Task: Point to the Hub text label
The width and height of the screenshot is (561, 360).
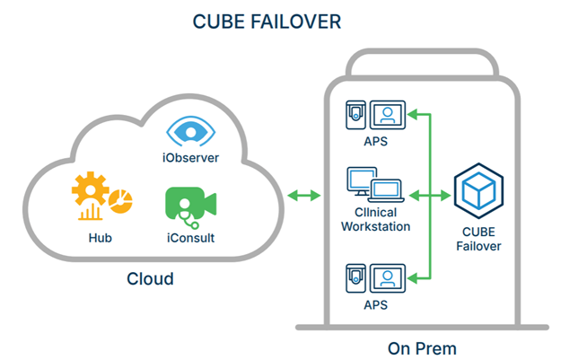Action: coord(100,238)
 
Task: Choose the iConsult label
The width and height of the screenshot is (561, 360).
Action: coord(191,238)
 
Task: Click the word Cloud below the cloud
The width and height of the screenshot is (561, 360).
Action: coord(149,278)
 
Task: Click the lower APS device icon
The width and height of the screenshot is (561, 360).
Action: coord(377,277)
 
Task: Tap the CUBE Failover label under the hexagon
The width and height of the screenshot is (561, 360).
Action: coord(477,239)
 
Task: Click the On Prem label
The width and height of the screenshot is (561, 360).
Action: coord(424,347)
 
